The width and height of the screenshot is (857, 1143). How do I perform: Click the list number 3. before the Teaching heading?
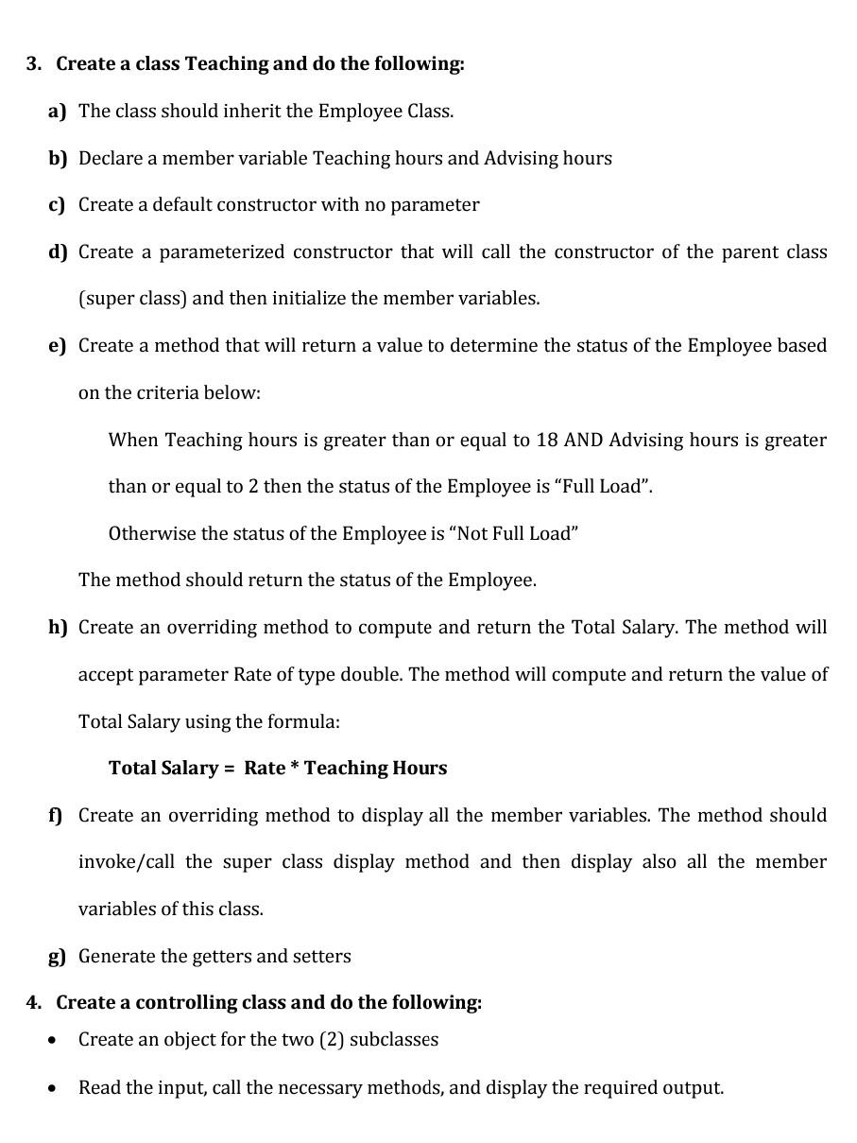(x=34, y=64)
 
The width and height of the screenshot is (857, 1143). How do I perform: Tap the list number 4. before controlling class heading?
(x=34, y=1003)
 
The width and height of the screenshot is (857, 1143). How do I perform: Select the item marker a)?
(x=58, y=112)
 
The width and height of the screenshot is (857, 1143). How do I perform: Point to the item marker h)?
(x=58, y=628)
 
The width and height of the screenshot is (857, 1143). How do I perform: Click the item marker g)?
(x=58, y=957)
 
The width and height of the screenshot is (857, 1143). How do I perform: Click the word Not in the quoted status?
(x=471, y=534)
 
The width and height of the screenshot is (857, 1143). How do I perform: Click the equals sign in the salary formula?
(x=229, y=769)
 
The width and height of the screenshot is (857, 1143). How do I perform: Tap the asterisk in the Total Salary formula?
(x=295, y=767)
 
